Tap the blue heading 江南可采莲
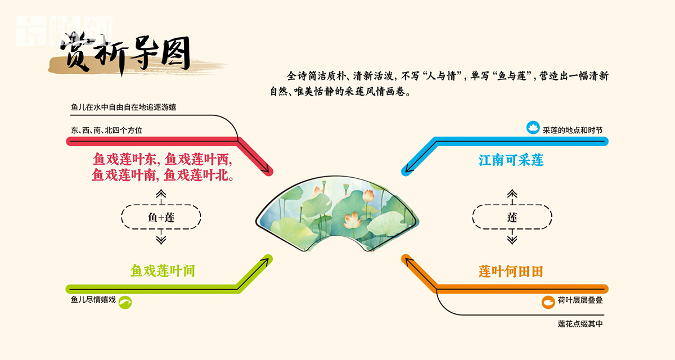[511, 160]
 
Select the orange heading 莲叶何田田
[511, 272]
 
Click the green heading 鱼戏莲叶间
[163, 271]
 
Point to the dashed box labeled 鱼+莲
[161, 217]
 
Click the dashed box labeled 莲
[512, 217]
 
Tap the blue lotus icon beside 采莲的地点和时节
[532, 128]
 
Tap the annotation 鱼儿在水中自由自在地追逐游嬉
[127, 106]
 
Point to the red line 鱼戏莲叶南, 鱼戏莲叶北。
[163, 175]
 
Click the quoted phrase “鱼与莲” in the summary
[510, 76]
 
